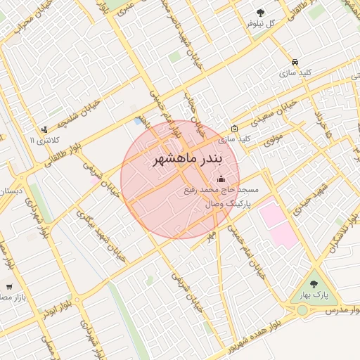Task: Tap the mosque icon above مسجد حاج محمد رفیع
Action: (222, 179)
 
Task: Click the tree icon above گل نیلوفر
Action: (261, 13)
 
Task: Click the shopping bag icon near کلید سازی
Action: (234, 129)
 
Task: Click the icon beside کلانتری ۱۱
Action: (45, 129)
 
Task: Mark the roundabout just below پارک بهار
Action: (302, 309)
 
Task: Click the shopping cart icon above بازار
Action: (8, 286)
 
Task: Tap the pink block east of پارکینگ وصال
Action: (277, 221)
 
